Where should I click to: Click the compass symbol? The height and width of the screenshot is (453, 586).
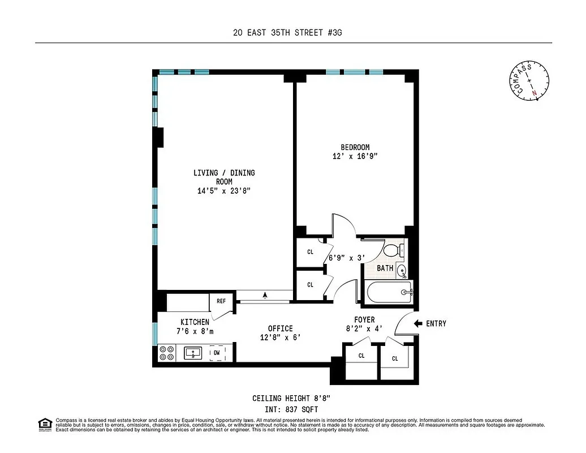coord(531,80)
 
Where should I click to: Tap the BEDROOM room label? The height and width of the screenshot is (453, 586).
coord(355,147)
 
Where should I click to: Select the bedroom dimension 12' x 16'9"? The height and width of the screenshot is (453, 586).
coord(355,156)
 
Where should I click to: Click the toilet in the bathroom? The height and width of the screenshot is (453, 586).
coord(394,250)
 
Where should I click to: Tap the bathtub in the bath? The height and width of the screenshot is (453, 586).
coord(389,292)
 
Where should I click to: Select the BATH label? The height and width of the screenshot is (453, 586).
coord(385,268)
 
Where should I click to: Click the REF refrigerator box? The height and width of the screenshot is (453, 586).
coord(222,301)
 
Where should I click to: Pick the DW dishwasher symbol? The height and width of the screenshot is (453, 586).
coord(217,353)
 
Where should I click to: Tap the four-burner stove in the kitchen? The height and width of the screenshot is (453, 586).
coord(166,353)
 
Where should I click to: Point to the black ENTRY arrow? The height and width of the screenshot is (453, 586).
coord(419,323)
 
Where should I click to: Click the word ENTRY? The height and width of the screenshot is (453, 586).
coord(436,323)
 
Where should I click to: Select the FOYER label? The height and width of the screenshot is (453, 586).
coord(364,320)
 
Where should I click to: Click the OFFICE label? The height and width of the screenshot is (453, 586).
coord(281,328)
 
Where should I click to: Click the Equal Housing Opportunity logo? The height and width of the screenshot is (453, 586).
coord(43,424)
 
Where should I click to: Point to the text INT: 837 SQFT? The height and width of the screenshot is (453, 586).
coord(291,409)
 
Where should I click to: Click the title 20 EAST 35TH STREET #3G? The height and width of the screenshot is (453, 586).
coord(287,33)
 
